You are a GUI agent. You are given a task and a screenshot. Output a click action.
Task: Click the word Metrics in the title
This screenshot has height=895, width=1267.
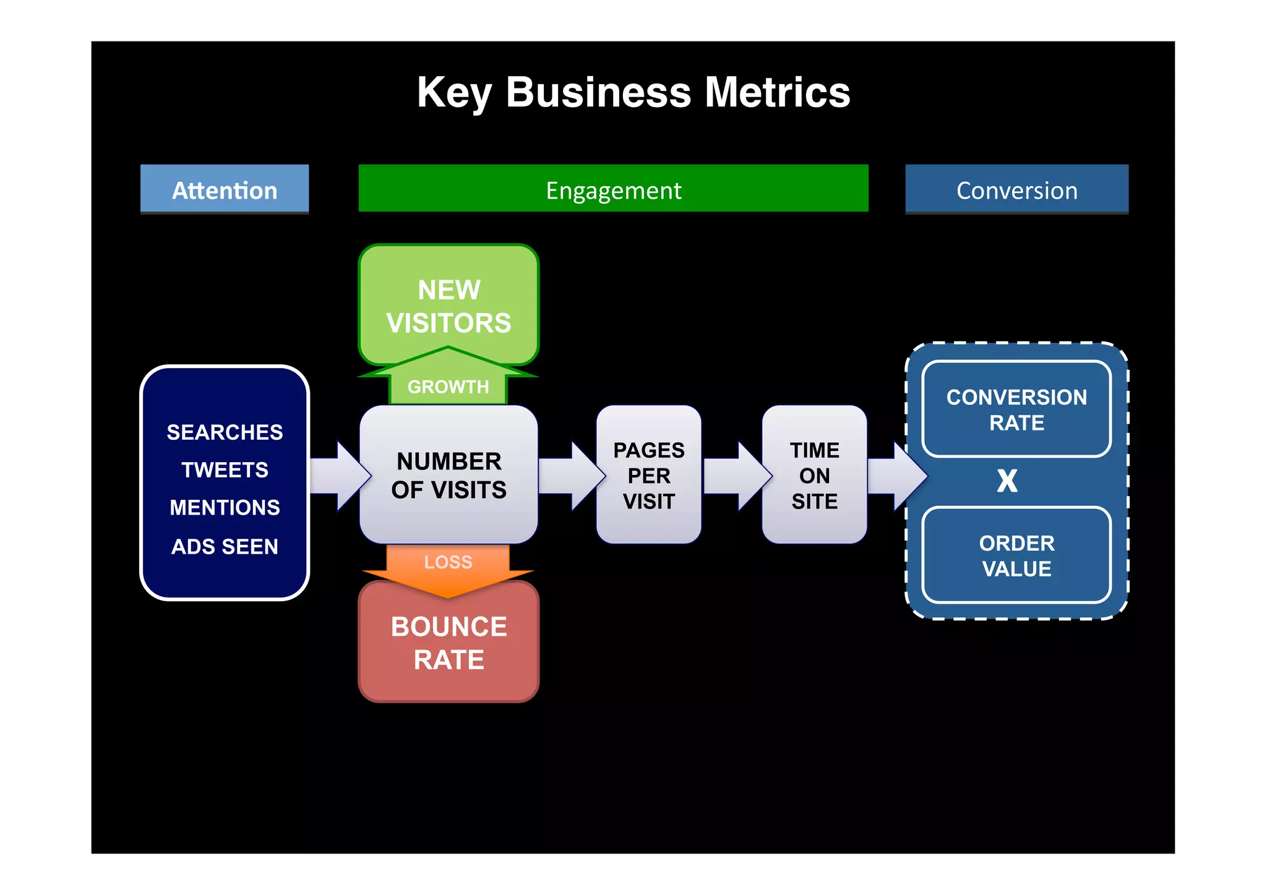(x=777, y=93)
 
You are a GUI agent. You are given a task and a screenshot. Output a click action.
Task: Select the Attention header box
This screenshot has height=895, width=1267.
(x=225, y=189)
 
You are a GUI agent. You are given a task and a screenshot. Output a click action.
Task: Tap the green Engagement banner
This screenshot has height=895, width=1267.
(x=613, y=189)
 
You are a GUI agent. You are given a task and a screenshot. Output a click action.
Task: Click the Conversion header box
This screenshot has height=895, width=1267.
(x=1016, y=189)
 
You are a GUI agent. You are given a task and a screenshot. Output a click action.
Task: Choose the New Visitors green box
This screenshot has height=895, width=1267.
(x=449, y=306)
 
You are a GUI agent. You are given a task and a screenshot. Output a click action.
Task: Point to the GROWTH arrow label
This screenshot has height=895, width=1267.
(x=448, y=387)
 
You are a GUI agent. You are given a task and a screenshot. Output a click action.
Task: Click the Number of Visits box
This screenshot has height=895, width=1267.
(x=449, y=475)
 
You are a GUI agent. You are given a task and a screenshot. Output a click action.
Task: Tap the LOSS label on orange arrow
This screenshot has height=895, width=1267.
(x=448, y=562)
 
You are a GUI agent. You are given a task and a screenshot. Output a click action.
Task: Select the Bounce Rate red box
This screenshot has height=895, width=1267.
(x=449, y=643)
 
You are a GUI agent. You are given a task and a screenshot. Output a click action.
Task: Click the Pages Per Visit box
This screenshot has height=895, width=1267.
(x=648, y=475)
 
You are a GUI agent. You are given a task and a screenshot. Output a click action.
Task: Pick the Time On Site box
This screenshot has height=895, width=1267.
(x=814, y=475)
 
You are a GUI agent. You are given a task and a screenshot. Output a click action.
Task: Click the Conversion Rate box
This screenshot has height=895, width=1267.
(x=1016, y=409)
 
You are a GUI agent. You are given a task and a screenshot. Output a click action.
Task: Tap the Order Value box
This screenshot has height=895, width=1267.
(x=1016, y=555)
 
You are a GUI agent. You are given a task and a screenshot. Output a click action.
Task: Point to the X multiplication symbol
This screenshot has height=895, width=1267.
(x=1007, y=481)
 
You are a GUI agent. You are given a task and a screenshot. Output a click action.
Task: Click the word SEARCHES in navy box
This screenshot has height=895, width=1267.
(x=225, y=432)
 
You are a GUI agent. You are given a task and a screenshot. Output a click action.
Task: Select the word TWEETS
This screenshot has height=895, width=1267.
(x=225, y=469)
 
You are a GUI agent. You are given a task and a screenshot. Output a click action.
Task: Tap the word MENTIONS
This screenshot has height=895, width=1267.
(x=225, y=507)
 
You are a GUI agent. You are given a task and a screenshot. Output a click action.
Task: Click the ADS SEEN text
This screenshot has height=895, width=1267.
(x=225, y=546)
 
